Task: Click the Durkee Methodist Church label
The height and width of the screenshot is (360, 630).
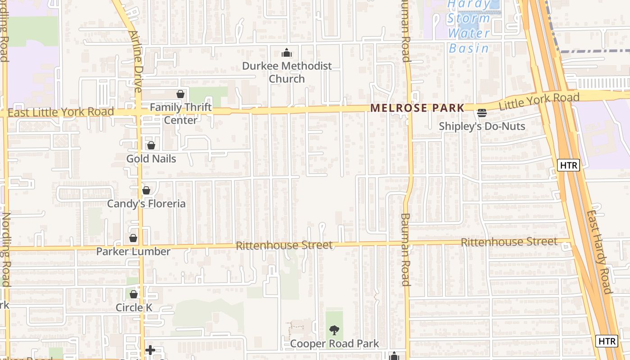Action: [287, 72]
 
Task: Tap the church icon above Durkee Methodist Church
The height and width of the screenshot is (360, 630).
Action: [287, 53]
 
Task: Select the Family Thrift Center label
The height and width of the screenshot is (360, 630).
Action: [180, 113]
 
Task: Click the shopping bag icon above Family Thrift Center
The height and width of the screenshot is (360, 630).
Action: [180, 94]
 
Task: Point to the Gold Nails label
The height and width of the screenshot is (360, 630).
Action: [151, 159]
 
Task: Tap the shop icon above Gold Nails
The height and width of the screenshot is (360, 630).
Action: [151, 145]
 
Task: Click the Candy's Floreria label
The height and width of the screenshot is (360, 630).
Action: [146, 203]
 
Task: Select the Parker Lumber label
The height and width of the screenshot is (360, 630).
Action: [133, 251]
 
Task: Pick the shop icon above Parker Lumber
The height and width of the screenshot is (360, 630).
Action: [133, 238]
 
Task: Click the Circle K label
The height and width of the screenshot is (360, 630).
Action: [134, 308]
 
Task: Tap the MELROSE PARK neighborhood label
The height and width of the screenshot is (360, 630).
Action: [417, 108]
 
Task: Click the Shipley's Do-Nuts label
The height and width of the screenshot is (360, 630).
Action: [482, 126]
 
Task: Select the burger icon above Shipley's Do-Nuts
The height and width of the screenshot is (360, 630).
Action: [482, 112]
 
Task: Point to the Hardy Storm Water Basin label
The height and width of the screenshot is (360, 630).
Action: [469, 26]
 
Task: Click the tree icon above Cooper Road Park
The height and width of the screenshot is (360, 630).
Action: [334, 331]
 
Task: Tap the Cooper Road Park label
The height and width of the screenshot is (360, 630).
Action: [334, 344]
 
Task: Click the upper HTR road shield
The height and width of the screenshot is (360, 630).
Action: [568, 165]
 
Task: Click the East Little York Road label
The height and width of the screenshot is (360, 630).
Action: [61, 112]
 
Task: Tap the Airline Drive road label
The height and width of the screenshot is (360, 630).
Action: [135, 61]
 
